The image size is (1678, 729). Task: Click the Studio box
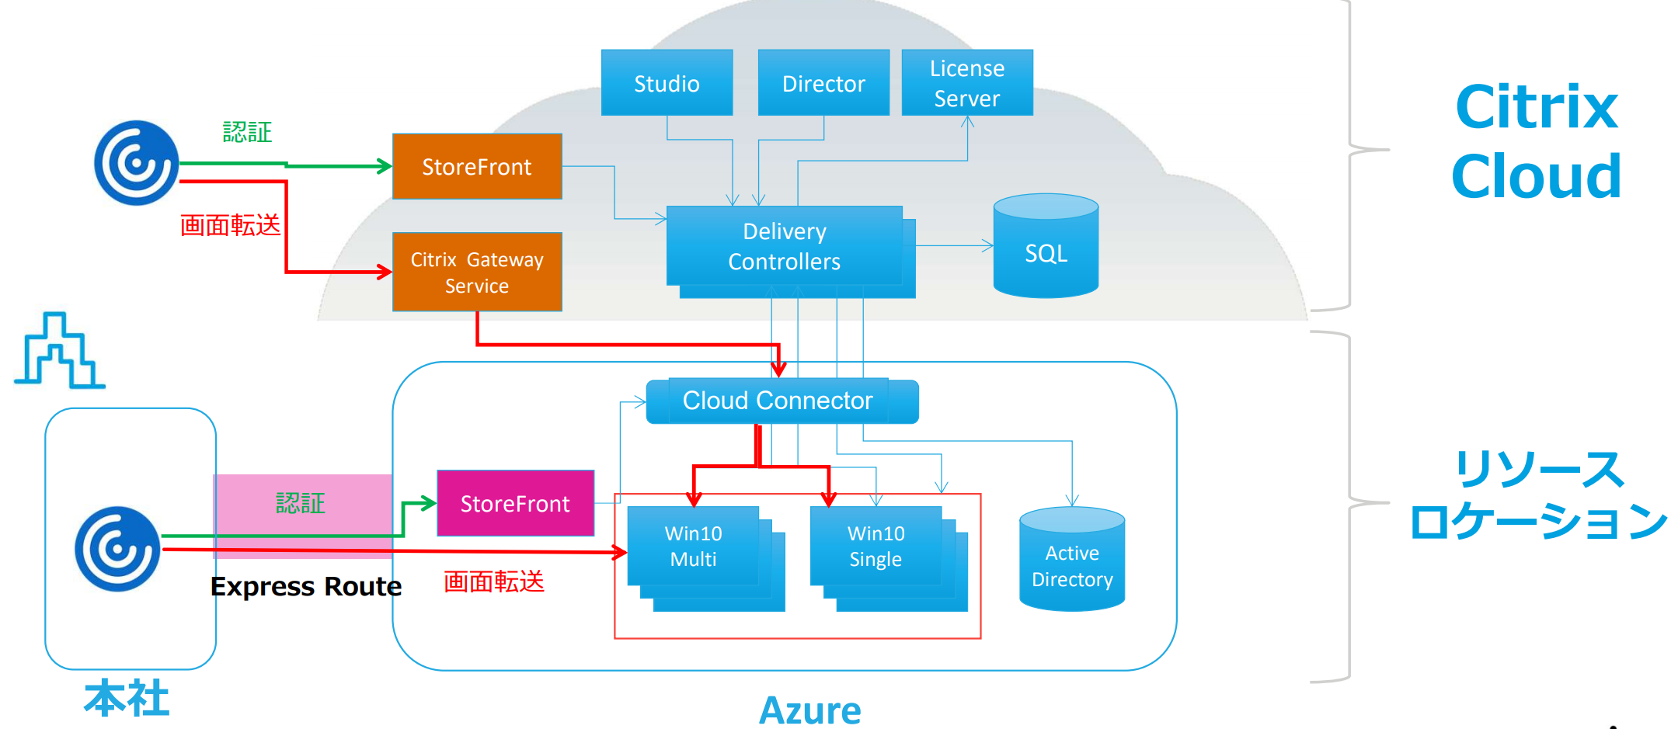[x=667, y=83]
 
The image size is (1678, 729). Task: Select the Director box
[x=823, y=83]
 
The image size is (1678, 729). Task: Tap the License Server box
[x=967, y=83]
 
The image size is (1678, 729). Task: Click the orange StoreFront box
[x=477, y=166]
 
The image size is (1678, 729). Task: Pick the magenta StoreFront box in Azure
[x=515, y=503]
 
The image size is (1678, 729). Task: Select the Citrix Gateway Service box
[x=477, y=272]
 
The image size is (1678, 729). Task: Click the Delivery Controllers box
[x=784, y=246]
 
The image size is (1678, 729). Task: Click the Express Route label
[x=306, y=586]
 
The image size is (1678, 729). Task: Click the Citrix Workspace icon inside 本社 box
[x=117, y=549]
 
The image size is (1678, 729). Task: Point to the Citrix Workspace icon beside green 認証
[x=137, y=162]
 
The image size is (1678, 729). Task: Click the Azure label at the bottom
[x=809, y=710]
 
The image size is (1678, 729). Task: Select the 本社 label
[x=127, y=697]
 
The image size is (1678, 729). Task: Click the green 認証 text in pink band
[x=301, y=503]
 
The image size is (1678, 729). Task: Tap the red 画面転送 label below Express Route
[x=494, y=581]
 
